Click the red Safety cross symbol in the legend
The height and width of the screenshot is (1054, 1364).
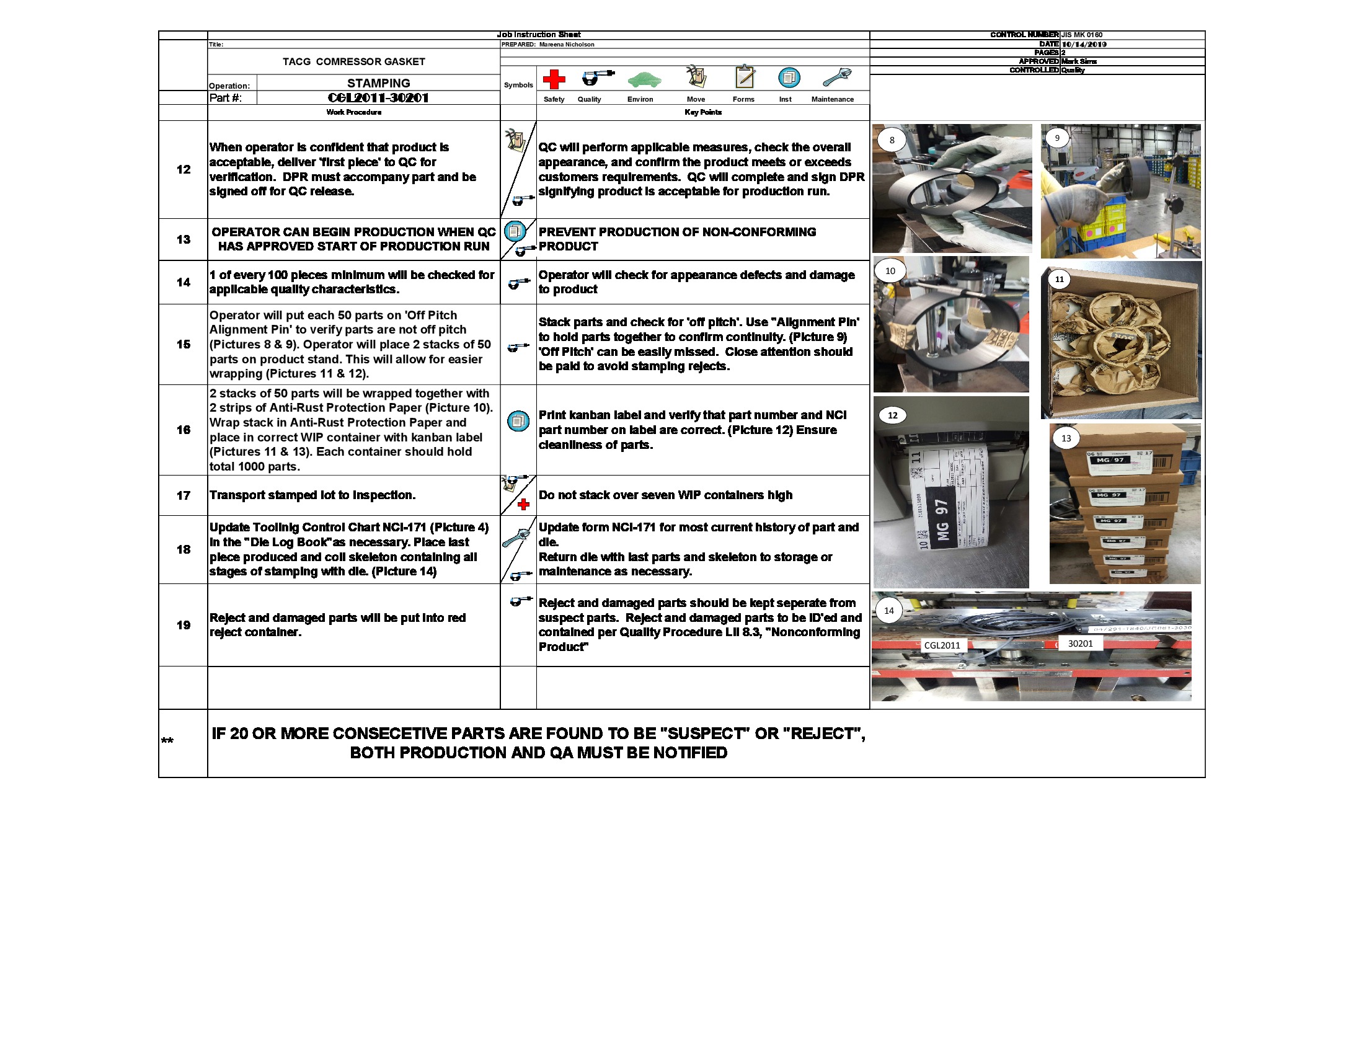553,79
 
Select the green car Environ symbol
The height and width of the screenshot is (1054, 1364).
644,79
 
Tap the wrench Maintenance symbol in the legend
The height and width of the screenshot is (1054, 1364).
836,77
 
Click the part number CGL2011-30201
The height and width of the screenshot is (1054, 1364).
378,98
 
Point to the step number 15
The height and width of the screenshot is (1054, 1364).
183,344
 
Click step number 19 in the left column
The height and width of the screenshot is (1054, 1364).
183,625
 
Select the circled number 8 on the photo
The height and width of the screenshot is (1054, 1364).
891,140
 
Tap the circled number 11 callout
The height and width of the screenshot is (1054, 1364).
1059,279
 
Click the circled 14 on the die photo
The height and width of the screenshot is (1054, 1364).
888,611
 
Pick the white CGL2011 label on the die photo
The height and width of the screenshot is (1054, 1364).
942,645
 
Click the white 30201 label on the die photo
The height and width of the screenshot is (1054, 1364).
1080,643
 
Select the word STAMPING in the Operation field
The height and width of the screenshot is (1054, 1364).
378,83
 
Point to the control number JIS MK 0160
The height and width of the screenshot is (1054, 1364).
1082,35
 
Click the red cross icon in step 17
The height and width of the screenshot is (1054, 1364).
523,505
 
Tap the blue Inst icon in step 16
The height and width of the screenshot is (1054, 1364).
518,421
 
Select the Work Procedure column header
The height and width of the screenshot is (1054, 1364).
353,112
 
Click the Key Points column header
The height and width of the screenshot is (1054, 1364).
702,112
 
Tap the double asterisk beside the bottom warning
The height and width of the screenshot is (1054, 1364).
167,741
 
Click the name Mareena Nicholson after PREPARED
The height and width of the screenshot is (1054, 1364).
567,45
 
